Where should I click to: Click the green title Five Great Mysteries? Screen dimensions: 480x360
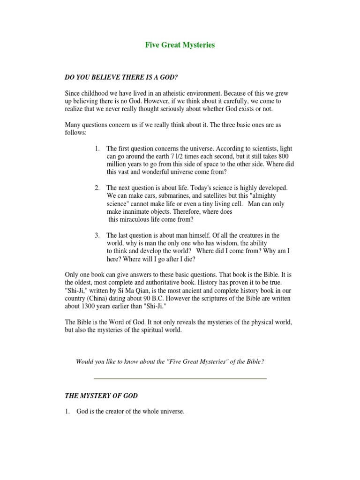(180, 45)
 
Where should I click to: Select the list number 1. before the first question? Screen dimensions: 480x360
(97, 149)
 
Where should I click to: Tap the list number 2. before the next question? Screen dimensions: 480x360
(97, 188)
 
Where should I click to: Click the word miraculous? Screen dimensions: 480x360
(139, 219)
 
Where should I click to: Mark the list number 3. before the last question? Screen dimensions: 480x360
(97, 235)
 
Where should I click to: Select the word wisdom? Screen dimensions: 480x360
(211, 243)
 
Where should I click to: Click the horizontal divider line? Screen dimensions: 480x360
(180, 378)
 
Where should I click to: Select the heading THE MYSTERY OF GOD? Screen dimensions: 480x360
(101, 396)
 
